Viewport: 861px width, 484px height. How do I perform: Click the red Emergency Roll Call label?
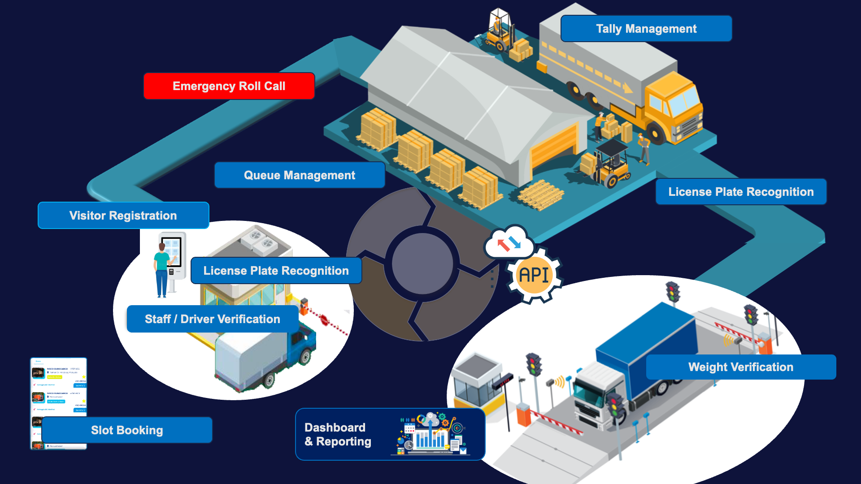coord(229,86)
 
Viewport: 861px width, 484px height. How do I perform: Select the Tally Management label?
coord(646,29)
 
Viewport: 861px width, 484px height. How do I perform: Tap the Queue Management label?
coord(299,175)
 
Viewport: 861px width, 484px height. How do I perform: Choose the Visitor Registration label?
coord(123,216)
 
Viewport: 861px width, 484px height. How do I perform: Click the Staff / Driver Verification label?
coord(212,319)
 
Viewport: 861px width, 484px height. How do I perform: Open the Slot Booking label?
coord(126,430)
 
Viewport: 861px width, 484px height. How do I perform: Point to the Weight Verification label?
coord(740,367)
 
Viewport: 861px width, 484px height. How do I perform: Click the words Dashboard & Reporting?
coord(337,434)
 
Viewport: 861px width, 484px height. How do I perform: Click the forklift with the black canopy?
coord(610,164)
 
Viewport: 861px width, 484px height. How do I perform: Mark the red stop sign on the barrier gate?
coord(324,320)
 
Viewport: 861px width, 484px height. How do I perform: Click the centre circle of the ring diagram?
coord(422,264)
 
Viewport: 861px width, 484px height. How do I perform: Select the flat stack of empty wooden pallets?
coord(540,195)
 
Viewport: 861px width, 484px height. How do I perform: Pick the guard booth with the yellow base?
coord(478,383)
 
